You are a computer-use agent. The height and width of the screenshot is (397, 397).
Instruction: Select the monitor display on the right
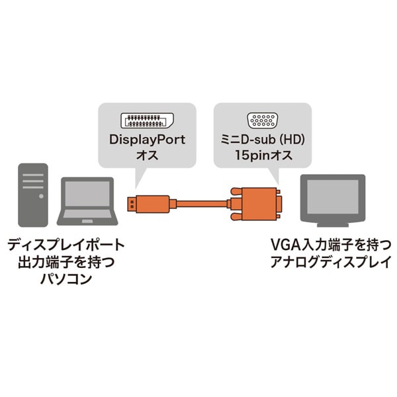pos(332,197)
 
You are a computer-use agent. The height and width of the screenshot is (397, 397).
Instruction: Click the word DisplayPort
pos(147,140)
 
